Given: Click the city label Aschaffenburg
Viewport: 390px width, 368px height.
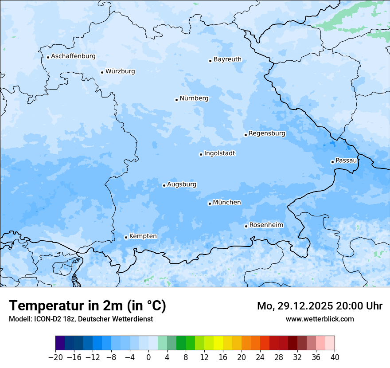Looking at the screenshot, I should [73, 56].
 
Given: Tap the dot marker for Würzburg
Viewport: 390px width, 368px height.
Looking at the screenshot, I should [102, 72].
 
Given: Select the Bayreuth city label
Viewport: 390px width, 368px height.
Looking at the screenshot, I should [227, 59].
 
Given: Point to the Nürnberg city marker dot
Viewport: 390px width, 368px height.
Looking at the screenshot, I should [176, 100].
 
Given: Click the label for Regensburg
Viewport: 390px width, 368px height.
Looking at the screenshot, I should [267, 133].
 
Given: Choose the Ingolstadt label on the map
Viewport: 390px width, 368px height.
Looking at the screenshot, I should [219, 153].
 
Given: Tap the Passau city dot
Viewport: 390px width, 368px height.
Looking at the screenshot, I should [332, 162].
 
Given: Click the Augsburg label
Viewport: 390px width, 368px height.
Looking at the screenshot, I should [182, 184].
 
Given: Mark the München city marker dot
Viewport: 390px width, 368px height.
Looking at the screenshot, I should [210, 204].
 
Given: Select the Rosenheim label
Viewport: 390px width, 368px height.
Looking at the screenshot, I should [266, 225].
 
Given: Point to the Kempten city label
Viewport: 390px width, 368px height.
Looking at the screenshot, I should [143, 236].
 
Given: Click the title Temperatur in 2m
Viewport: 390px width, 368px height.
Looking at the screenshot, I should [87, 306].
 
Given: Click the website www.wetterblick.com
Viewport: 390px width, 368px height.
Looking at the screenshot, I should [320, 319].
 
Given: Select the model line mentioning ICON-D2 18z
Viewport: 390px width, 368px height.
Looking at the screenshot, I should [81, 319].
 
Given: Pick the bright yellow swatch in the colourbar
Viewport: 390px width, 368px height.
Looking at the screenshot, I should [218, 343].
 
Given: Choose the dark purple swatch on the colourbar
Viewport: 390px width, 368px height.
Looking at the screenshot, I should [60, 343].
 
